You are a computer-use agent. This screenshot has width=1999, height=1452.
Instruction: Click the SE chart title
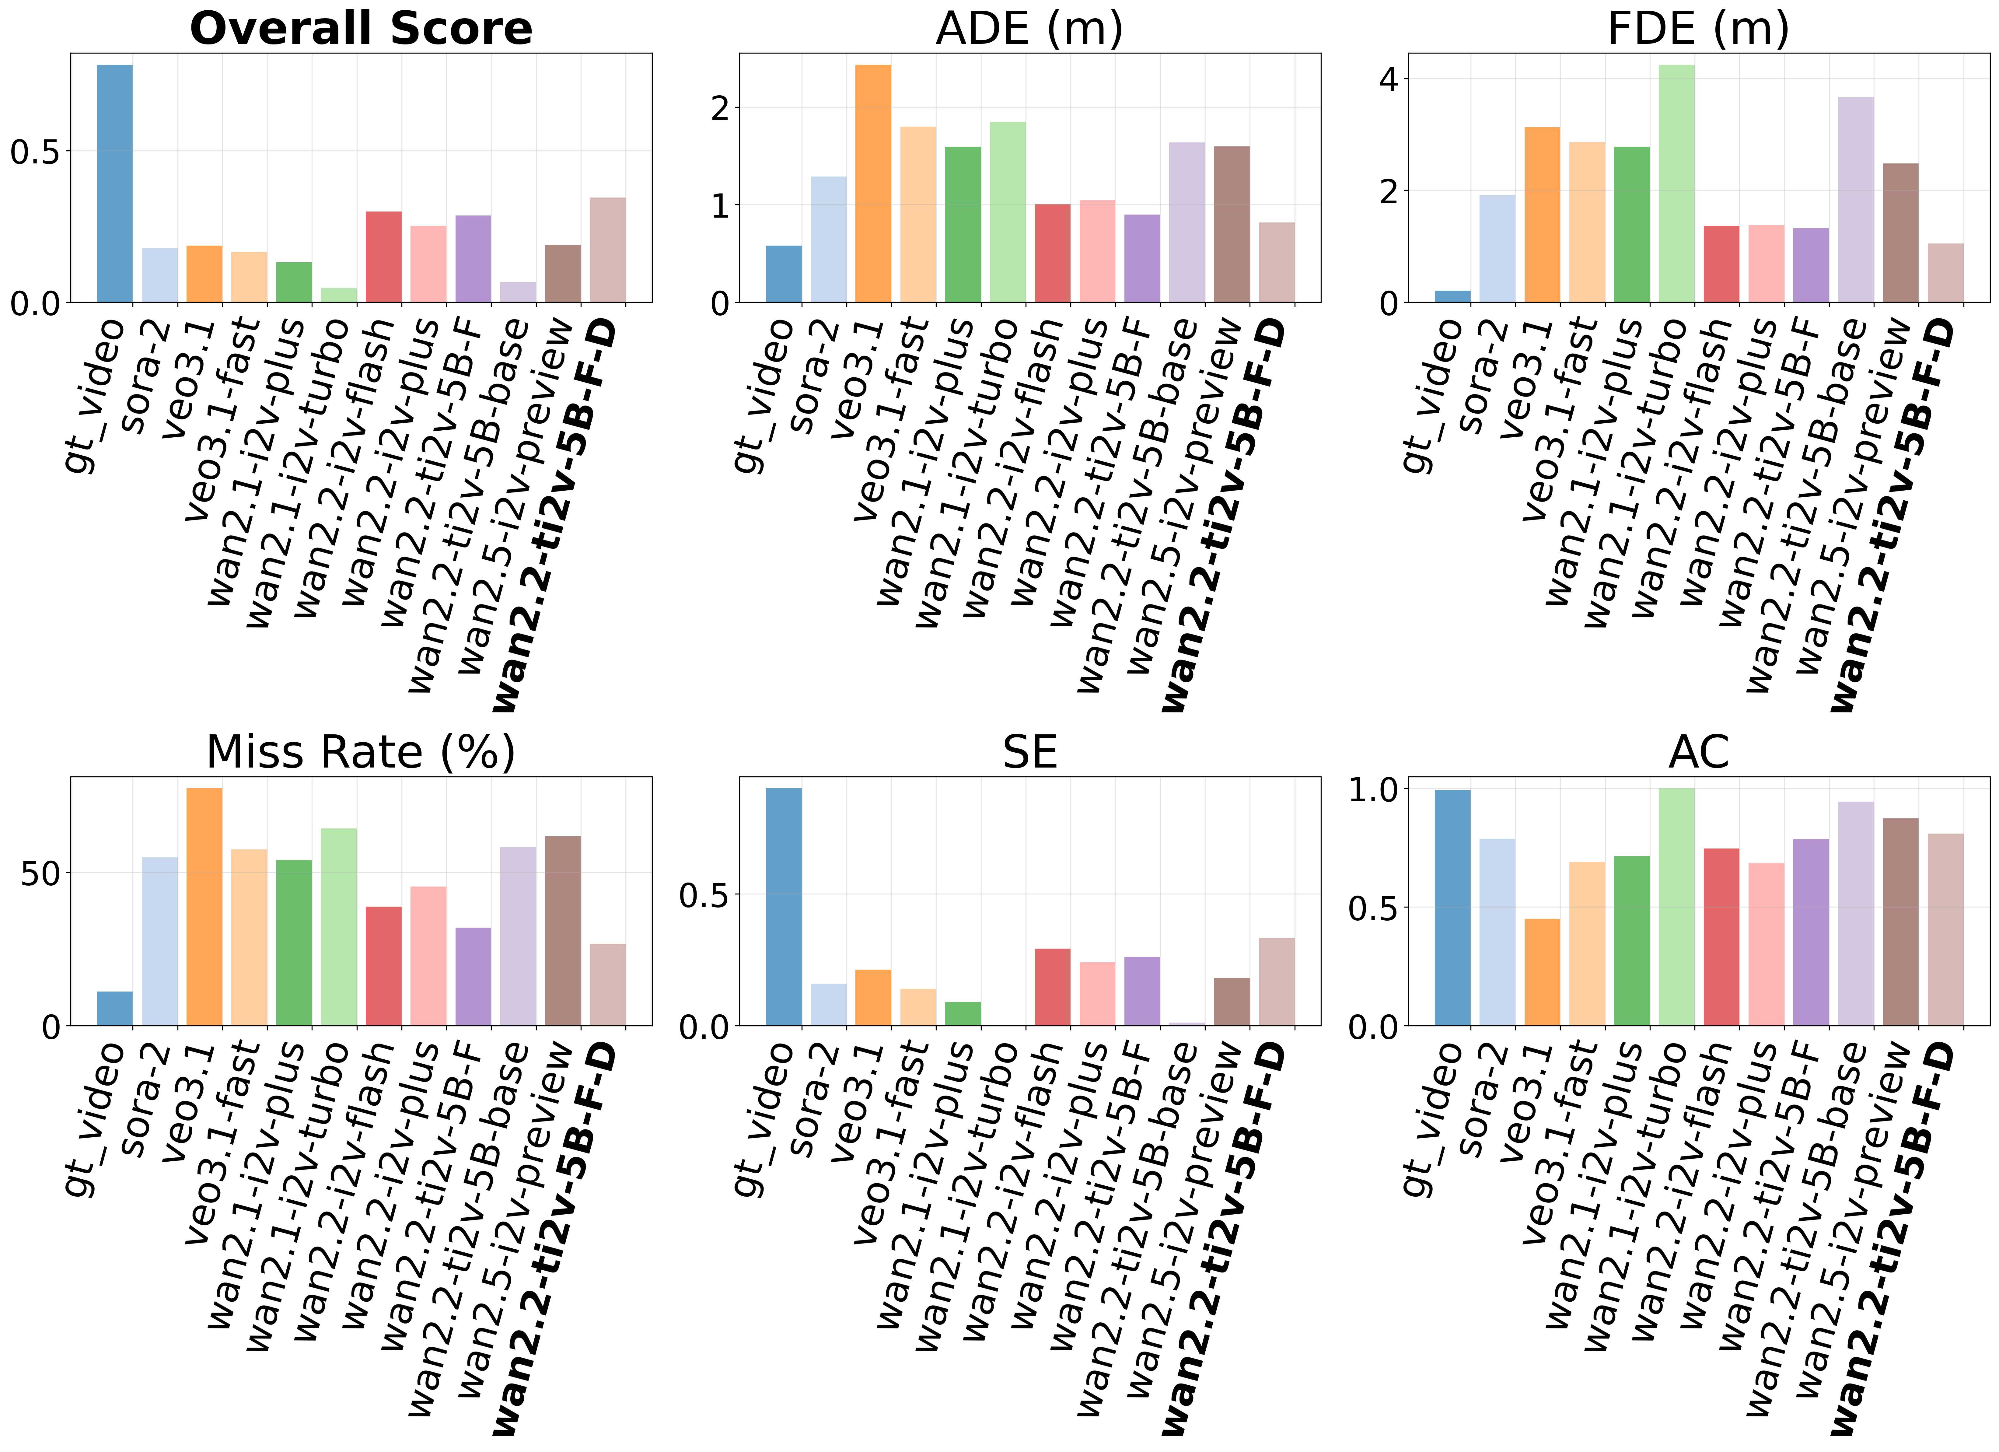coord(1029,752)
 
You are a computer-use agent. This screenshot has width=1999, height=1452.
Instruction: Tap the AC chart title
coord(1698,752)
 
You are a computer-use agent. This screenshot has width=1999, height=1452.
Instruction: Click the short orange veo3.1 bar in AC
coord(1542,971)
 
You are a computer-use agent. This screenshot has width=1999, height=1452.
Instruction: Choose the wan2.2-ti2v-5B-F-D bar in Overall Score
coord(607,250)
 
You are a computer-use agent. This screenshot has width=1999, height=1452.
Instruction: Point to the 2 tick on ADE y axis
coord(721,108)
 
